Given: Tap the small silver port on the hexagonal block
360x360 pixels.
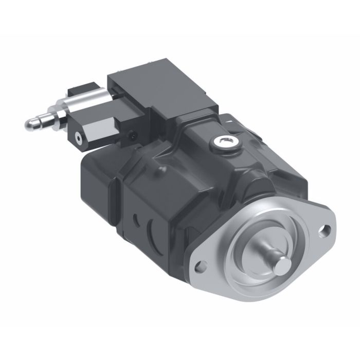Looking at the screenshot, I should coord(79,138).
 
